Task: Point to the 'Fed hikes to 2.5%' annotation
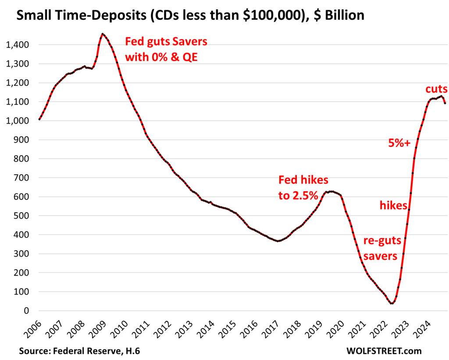click(x=303, y=187)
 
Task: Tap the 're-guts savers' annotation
click(x=380, y=249)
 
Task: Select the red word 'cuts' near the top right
click(x=436, y=89)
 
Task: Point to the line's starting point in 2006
click(x=39, y=119)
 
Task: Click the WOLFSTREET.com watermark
click(x=384, y=351)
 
